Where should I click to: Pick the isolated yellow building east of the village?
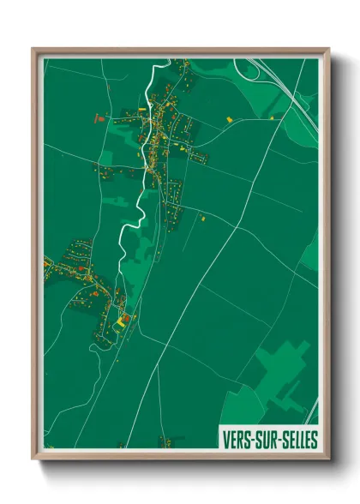point(229,117)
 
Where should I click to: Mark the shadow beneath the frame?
point(180,468)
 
